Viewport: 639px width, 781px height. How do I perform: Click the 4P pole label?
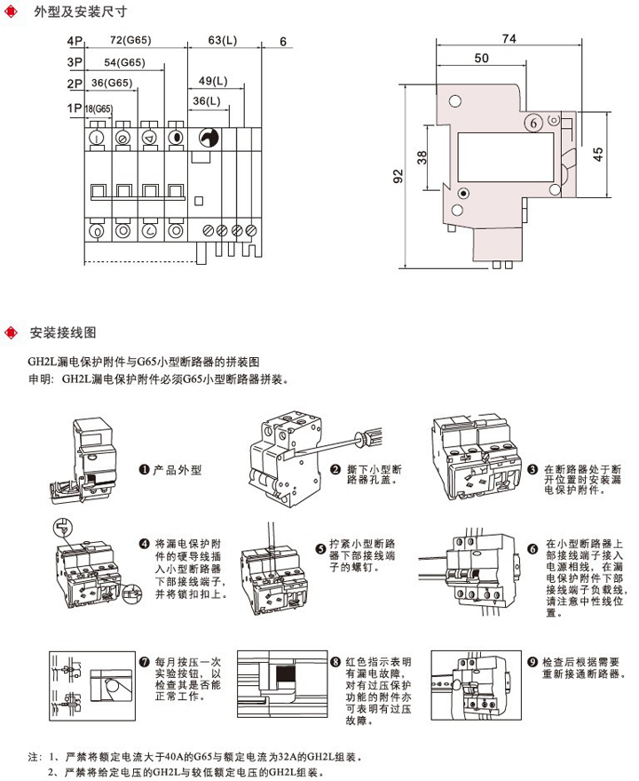(x=73, y=42)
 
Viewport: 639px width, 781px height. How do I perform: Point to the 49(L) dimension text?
(x=211, y=81)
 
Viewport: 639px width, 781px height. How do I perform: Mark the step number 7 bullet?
(x=145, y=662)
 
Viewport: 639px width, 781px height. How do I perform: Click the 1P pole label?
(x=74, y=108)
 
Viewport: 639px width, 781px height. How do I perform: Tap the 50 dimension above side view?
(x=481, y=58)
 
